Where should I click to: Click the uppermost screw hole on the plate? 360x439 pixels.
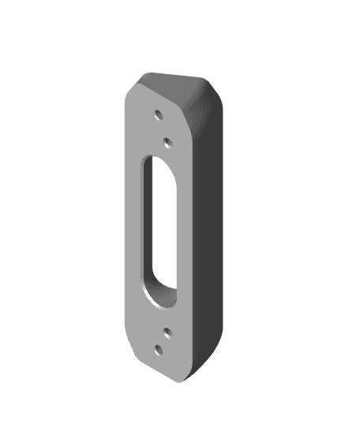coord(158,114)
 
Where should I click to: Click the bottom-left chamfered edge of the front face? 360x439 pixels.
coord(137,347)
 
